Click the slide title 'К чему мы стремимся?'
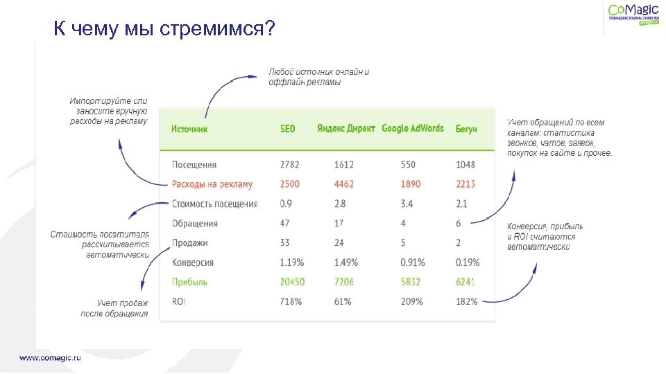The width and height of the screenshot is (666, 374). point(164,29)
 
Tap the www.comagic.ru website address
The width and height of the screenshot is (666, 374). point(50,358)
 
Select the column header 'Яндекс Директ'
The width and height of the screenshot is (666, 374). point(345,128)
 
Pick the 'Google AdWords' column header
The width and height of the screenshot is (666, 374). point(412,128)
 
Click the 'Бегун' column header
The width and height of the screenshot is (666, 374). point(466,129)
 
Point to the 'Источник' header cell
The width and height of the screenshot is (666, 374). point(189,129)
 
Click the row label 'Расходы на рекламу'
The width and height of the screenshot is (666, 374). point(212,184)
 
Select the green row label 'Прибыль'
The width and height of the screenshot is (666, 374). point(189,282)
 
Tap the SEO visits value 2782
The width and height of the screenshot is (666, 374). point(290,165)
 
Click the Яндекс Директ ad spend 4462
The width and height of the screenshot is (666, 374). point(344,184)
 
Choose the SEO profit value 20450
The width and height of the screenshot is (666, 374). point(292,282)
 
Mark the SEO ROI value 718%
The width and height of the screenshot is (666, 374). point(291,301)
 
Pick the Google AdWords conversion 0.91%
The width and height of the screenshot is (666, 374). point(413,262)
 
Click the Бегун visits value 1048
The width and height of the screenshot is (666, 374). point(466,165)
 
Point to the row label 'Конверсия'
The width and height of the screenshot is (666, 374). point(193,262)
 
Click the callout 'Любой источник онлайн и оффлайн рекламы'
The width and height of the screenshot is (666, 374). point(318,77)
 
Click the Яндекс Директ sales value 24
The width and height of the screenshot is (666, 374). point(339,243)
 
